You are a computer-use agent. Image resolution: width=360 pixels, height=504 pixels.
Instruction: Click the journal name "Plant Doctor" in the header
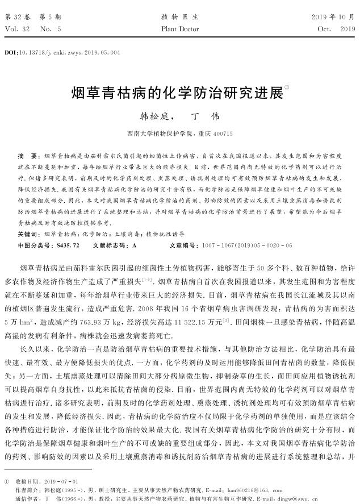tap(180, 28)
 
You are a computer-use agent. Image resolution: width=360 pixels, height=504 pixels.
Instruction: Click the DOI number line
tap(62, 52)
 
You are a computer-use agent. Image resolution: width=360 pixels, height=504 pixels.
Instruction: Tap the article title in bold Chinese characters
tap(177, 92)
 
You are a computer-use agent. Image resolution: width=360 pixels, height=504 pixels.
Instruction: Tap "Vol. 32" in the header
tap(15, 28)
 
